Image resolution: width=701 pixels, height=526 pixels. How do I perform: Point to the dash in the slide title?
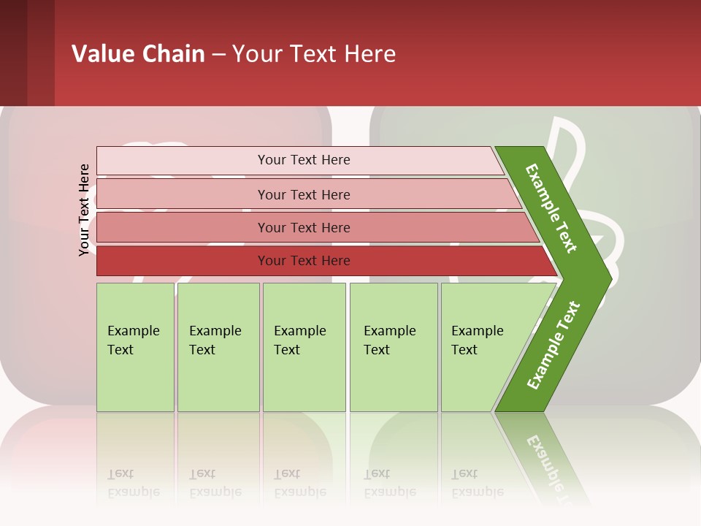click(x=218, y=55)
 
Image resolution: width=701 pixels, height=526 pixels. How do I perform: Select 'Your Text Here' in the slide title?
click(x=314, y=54)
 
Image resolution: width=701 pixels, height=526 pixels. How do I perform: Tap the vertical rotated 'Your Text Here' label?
click(x=84, y=210)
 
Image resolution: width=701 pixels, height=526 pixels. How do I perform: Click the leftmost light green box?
click(x=135, y=347)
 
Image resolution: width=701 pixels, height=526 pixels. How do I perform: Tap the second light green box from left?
click(x=218, y=347)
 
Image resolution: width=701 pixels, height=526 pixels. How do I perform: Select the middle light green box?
click(x=304, y=347)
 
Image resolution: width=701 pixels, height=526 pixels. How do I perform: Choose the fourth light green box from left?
click(x=394, y=347)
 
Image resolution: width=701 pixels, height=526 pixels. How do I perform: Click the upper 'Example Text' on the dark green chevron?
click(x=551, y=208)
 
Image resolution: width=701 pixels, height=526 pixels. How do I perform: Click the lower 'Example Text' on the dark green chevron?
click(x=553, y=345)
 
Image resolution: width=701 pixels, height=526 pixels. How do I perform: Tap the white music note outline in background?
click(x=577, y=146)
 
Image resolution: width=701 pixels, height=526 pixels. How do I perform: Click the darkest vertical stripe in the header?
click(x=13, y=53)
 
